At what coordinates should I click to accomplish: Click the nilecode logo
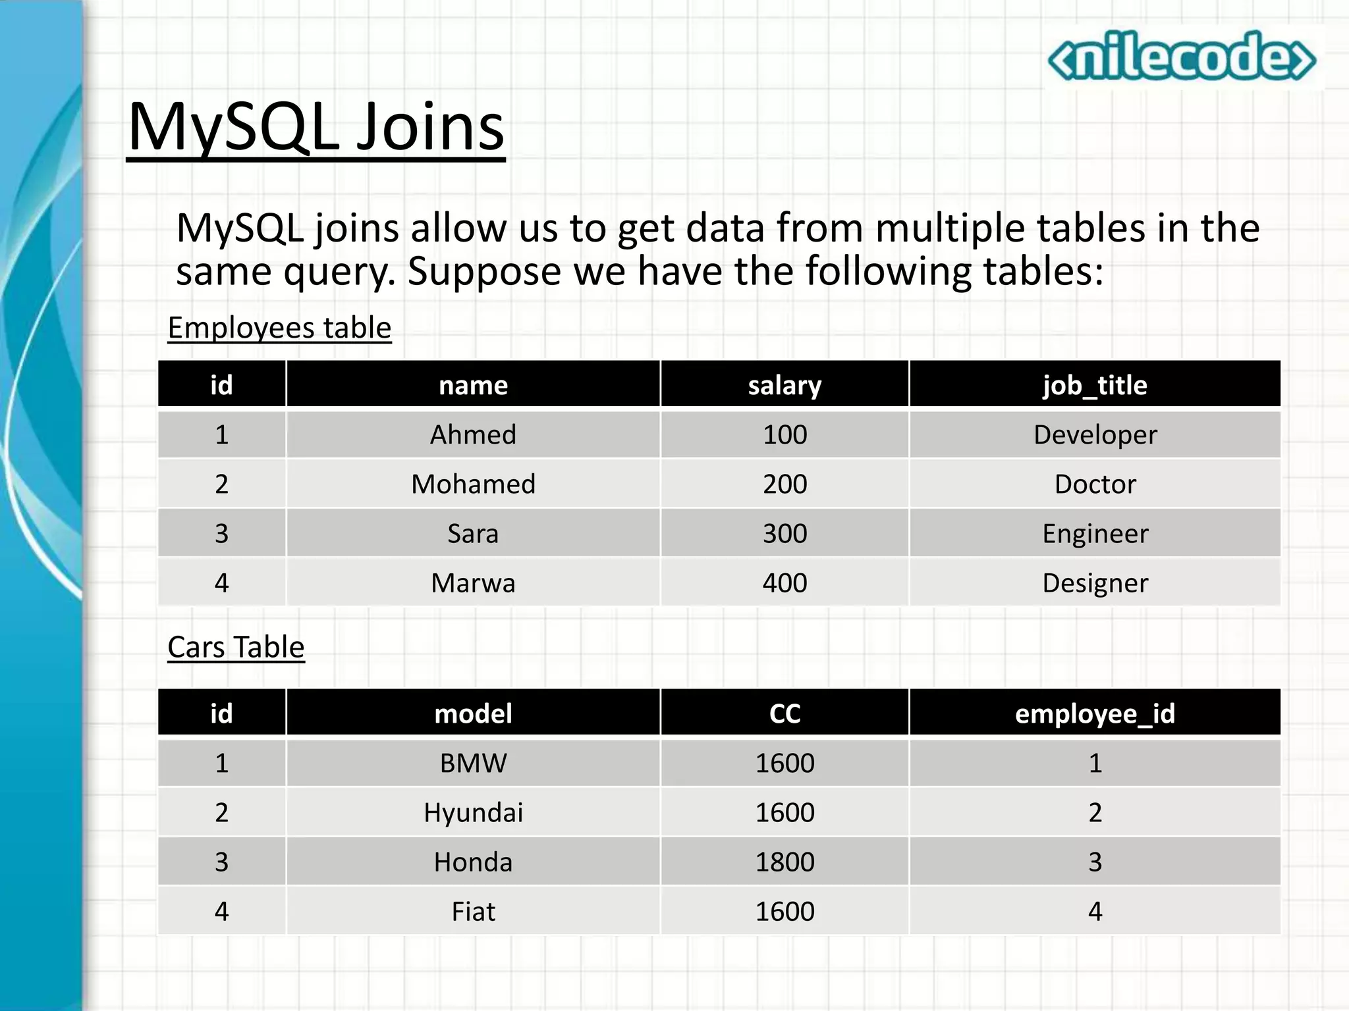(x=1182, y=57)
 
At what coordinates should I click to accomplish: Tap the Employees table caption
(x=279, y=328)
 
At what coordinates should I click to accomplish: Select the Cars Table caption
(x=236, y=647)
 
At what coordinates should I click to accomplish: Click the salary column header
(x=785, y=385)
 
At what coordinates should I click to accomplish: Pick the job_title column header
(x=1095, y=385)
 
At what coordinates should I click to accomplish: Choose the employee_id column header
(x=1095, y=713)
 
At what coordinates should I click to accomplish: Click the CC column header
(x=785, y=713)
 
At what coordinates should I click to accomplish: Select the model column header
(x=473, y=713)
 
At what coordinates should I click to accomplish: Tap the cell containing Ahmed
(x=473, y=434)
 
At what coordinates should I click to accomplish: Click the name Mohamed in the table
(x=473, y=484)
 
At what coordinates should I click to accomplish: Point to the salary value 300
(x=785, y=533)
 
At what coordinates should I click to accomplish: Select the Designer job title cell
(x=1095, y=583)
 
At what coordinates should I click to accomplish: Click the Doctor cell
(x=1095, y=484)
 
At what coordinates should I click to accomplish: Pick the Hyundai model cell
(x=473, y=812)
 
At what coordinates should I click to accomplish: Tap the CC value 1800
(x=785, y=862)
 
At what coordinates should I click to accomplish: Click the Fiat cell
(x=473, y=911)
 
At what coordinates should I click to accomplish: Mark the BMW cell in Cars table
(x=473, y=763)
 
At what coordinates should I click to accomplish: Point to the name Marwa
(x=473, y=583)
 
